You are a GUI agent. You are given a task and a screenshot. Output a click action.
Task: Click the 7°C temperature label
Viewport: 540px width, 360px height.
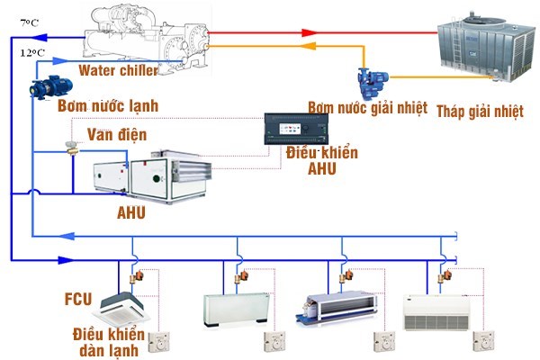point(30,22)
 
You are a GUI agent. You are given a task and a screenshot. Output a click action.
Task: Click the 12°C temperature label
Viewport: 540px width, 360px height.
point(32,53)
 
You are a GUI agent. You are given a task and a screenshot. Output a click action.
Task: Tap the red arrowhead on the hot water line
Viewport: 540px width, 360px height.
point(309,33)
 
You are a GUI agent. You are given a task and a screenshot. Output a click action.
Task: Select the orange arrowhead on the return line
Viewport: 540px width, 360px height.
point(308,46)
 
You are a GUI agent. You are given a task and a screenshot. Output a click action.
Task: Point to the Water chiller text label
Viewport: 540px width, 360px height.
point(119,70)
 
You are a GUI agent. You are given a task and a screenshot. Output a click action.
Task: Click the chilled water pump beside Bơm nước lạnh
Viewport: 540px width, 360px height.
point(51,87)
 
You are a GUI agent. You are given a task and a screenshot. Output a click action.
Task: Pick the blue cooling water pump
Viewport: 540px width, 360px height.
point(373,82)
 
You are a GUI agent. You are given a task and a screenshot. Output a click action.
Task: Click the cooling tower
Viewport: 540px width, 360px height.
point(486,46)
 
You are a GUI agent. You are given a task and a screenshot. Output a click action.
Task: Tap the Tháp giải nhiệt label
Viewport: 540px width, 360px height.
point(480,112)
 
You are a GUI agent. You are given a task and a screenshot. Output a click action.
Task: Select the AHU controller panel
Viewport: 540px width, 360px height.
point(296,129)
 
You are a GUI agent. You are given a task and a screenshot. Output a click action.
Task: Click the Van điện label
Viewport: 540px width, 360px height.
point(117,134)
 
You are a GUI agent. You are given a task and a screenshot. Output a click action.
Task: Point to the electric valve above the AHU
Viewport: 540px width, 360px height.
point(72,148)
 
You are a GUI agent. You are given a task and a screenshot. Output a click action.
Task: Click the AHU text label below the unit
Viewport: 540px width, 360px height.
point(130,212)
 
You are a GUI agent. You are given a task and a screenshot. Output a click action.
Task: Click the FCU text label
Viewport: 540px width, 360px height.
point(78,299)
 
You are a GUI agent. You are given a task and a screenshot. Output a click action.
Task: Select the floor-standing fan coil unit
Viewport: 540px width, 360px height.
point(236,310)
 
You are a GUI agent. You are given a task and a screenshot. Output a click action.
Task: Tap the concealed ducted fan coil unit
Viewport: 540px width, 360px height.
point(336,307)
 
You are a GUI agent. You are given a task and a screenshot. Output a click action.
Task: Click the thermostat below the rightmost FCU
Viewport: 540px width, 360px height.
point(483,341)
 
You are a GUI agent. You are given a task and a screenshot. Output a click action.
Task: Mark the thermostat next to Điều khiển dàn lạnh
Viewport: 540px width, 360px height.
point(159,342)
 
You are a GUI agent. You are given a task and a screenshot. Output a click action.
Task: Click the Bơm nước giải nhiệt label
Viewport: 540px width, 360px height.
point(367,107)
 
